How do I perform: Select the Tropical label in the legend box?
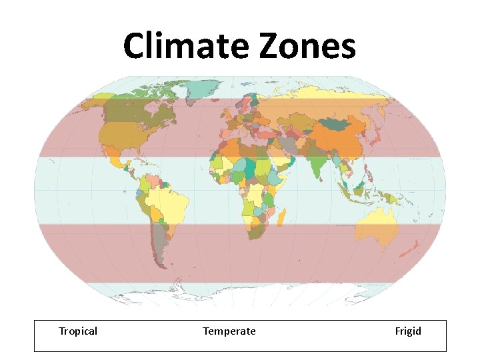pyautogui.click(x=78, y=331)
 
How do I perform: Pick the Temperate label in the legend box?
pyautogui.click(x=229, y=331)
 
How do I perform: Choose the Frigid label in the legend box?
pyautogui.click(x=408, y=331)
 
